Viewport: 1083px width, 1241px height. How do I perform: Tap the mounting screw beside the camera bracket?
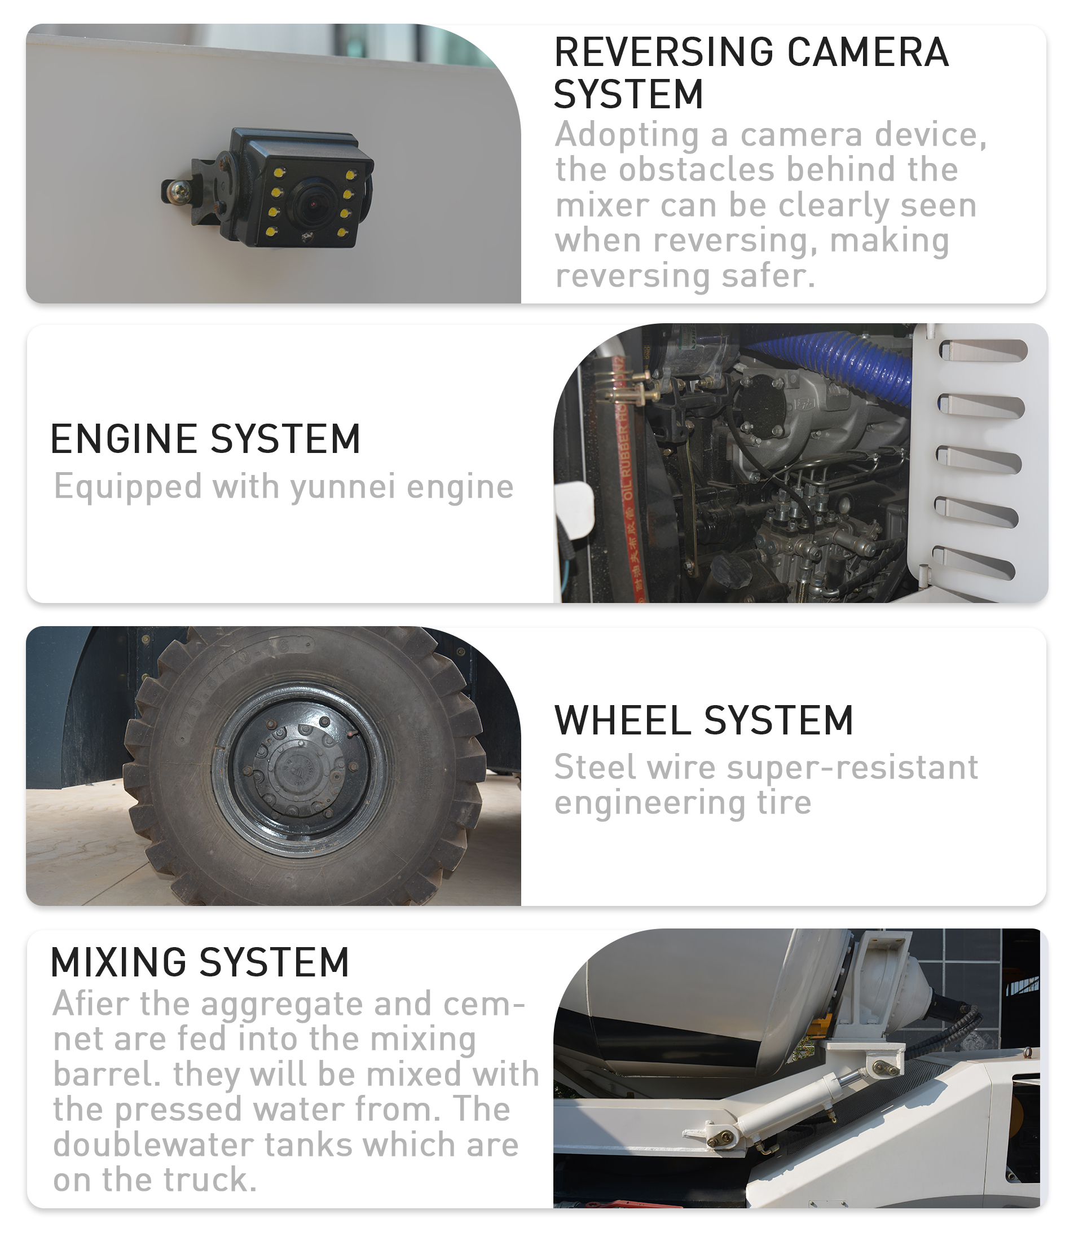pyautogui.click(x=179, y=191)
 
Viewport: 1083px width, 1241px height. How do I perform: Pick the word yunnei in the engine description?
pyautogui.click(x=343, y=487)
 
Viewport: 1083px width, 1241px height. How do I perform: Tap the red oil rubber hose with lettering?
pyautogui.click(x=628, y=478)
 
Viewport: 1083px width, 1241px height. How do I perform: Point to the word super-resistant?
pyautogui.click(x=852, y=768)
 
